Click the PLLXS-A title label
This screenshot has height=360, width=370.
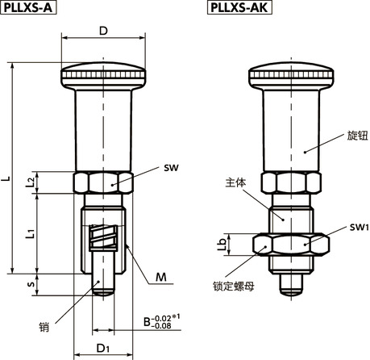[30, 8]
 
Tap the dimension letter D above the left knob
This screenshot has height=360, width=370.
[103, 31]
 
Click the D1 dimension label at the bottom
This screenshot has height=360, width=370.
[103, 349]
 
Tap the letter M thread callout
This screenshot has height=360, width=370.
[161, 278]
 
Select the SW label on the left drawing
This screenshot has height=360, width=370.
[169, 168]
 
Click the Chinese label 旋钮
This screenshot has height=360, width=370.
[356, 135]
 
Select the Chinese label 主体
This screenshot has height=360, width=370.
[235, 183]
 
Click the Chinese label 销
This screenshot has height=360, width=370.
[44, 327]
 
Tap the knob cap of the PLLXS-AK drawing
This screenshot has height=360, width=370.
[290, 77]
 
